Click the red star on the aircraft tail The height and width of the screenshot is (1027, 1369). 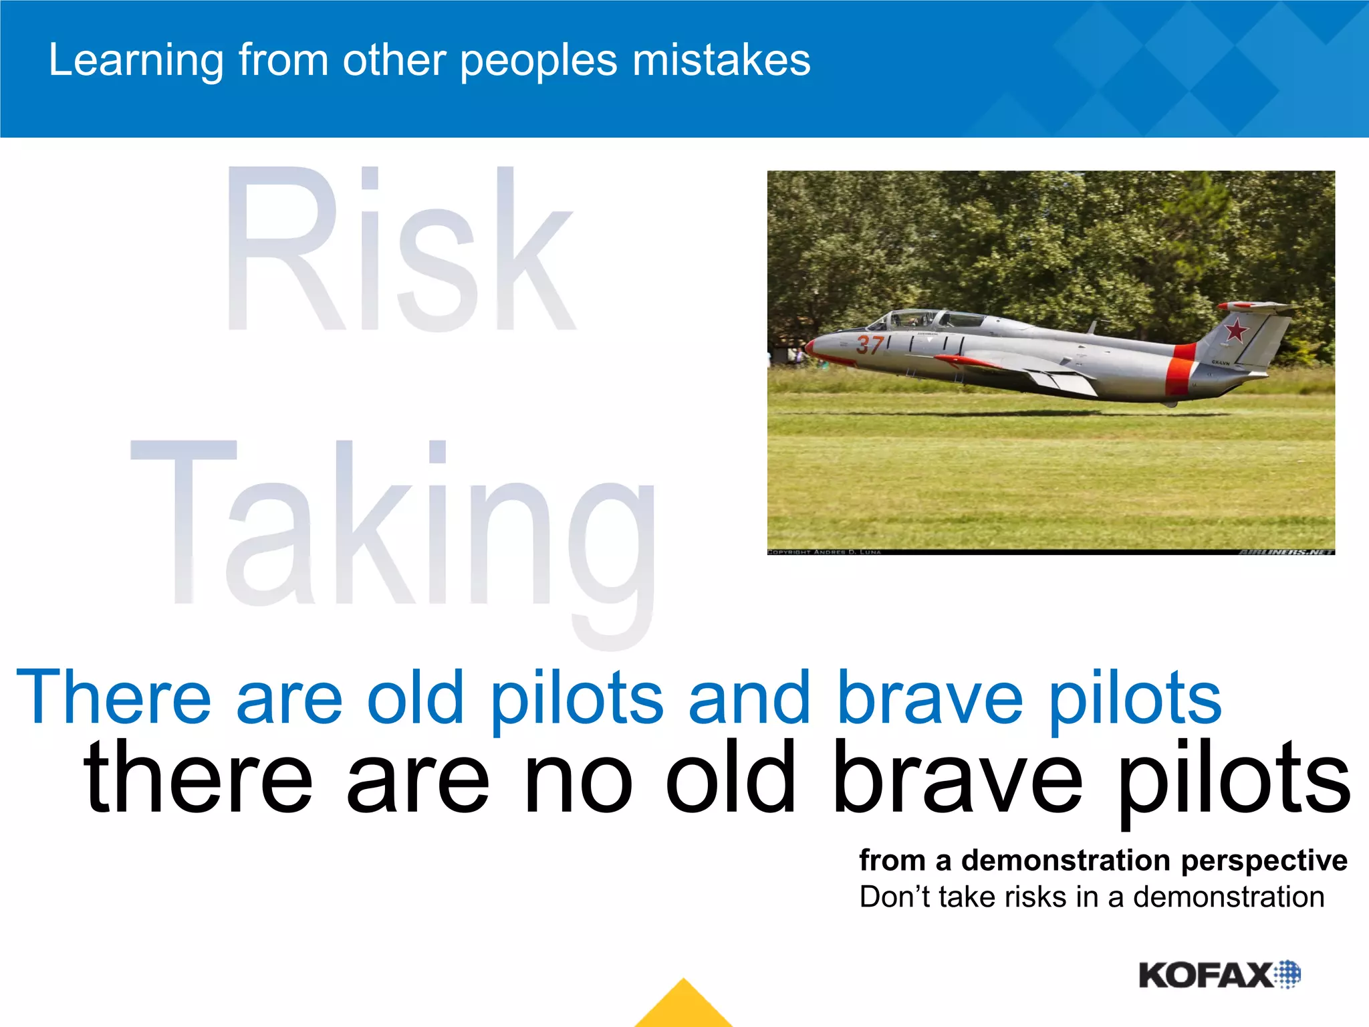(1235, 330)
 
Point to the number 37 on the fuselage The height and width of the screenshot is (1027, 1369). (870, 345)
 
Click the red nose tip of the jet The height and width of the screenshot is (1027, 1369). (811, 346)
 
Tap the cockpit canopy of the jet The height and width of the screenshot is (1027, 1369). (929, 319)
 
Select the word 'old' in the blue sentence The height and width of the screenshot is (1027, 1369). (415, 698)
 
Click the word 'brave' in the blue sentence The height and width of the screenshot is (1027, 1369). (929, 698)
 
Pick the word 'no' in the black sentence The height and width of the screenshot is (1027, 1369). (578, 779)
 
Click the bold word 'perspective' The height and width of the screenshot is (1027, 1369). (1264, 861)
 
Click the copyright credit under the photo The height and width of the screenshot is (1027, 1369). (824, 552)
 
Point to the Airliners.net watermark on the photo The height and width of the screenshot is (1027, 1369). (1286, 552)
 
